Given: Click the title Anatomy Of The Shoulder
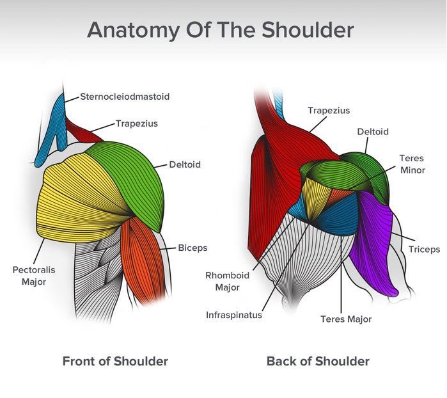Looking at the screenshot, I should point(221,30).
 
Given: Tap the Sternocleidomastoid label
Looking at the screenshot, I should point(124,97).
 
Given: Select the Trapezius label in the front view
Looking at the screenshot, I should point(136,123).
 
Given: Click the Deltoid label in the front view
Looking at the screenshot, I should point(185,164).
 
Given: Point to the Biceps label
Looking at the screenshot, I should point(192,248).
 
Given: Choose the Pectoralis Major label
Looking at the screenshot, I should point(34,276).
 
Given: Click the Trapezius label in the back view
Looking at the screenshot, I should point(329,110).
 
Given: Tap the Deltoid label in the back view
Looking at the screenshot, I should point(373,132).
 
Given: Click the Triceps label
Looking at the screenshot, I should point(425,250).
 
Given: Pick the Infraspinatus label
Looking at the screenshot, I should point(233,315).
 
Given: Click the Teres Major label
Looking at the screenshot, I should point(346,319).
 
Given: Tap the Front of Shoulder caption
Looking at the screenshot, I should point(115,362).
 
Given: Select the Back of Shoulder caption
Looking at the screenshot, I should point(318,362).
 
